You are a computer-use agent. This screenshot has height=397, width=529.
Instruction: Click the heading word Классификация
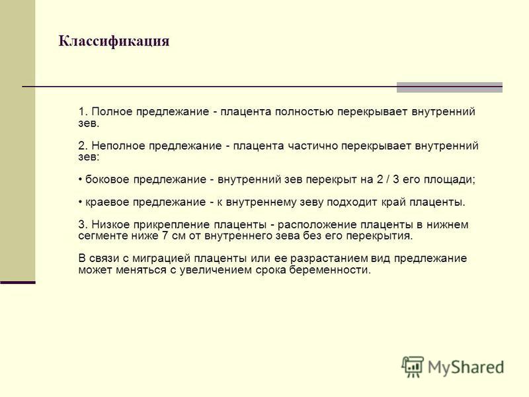pyautogui.click(x=114, y=41)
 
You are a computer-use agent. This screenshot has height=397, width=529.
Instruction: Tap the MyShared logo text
pyautogui.click(x=466, y=367)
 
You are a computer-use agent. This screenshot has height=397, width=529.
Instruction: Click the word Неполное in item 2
pyautogui.click(x=118, y=146)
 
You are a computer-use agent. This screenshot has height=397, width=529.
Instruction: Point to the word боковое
pyautogui.click(x=108, y=179)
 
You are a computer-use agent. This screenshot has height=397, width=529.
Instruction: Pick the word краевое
pyautogui.click(x=107, y=202)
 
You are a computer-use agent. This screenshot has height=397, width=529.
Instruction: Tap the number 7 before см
pyautogui.click(x=165, y=236)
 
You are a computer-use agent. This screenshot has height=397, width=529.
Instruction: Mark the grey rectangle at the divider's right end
pyautogui.click(x=450, y=87)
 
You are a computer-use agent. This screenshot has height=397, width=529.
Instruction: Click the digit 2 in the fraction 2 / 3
pyautogui.click(x=380, y=179)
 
